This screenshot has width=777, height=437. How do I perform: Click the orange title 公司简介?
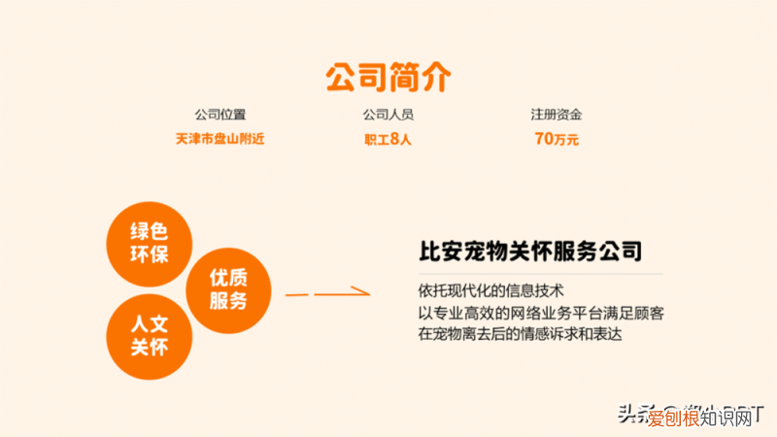pos(388,75)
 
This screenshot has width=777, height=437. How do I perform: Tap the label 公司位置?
pos(220,115)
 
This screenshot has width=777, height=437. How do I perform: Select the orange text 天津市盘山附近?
pos(220,139)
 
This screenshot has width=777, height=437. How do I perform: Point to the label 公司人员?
pos(388,115)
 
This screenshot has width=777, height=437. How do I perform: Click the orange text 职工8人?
pos(388,139)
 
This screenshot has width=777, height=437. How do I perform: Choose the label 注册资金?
pos(556,115)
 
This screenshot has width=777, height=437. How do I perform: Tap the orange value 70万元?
pos(556,139)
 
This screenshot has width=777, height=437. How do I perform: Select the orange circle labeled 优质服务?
pos(228,288)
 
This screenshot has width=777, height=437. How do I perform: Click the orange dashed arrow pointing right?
pos(327,292)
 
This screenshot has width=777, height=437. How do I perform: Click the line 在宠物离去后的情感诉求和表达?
pos(519,334)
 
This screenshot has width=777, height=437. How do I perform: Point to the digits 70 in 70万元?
pos(543,139)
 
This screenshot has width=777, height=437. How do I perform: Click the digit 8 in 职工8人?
pos(394,139)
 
